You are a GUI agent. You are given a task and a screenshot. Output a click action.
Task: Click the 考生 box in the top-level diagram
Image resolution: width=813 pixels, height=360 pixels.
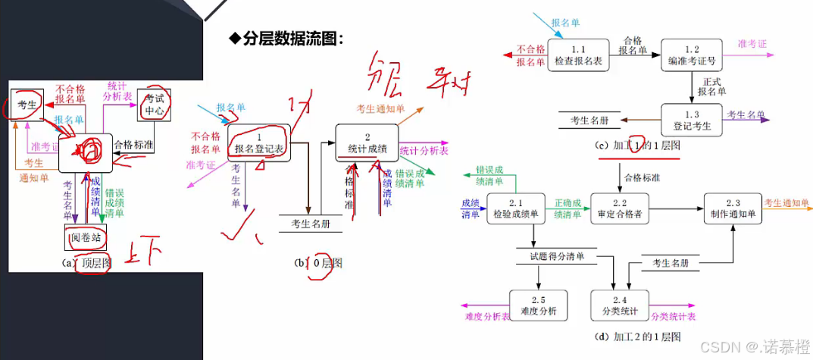(27, 105)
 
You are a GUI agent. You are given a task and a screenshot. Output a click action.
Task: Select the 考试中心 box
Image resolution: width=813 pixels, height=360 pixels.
(155, 105)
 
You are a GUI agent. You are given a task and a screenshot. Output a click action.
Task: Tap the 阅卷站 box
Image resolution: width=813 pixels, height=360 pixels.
(85, 238)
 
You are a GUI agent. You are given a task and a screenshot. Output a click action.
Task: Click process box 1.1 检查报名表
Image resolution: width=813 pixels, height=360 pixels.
(578, 55)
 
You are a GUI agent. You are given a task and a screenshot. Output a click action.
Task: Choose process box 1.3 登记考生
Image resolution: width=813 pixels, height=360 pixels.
(692, 121)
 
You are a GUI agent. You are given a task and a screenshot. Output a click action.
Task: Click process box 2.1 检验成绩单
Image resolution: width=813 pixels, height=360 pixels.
(515, 208)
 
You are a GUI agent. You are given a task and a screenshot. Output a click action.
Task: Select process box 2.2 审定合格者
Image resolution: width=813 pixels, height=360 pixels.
(620, 208)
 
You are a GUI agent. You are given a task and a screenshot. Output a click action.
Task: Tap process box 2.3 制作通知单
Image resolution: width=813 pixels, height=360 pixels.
(733, 208)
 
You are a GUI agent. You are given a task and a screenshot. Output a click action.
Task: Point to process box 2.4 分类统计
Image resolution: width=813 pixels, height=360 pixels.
(620, 305)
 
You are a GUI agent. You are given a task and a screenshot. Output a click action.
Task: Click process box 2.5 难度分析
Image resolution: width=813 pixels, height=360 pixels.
(538, 305)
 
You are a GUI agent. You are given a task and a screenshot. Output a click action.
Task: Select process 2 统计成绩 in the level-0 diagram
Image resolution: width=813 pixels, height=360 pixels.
(367, 142)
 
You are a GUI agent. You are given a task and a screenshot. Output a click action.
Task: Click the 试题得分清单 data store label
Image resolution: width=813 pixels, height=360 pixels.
(557, 257)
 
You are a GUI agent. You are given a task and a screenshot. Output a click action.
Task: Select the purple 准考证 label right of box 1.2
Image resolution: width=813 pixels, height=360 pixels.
(752, 44)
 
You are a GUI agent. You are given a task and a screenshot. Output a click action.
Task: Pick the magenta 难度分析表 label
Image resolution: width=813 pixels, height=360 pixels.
(486, 316)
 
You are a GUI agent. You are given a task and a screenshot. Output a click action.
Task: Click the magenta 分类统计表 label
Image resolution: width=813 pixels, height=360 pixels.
(673, 316)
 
